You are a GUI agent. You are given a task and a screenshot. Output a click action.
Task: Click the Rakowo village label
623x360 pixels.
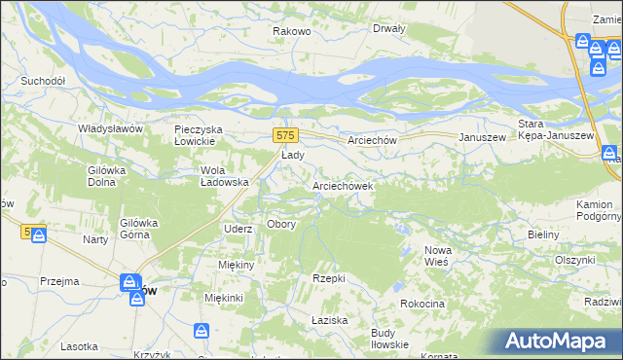[291, 31]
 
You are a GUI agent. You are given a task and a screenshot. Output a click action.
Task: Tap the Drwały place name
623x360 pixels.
[388, 28]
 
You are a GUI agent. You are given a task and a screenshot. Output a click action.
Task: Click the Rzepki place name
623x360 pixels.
[329, 278]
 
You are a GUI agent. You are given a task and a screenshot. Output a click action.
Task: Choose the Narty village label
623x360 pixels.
[95, 239]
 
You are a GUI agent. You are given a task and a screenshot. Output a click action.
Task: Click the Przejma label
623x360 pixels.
[59, 281]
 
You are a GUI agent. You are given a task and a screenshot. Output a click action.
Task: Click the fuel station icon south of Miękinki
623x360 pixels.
[202, 332]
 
